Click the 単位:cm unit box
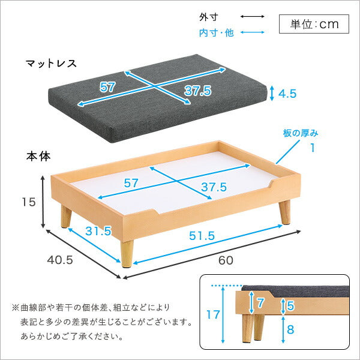(314, 24)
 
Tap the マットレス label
(51, 63)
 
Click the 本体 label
(38, 157)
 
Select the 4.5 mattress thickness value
(287, 94)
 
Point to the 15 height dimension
(29, 202)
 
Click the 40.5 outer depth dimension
(60, 260)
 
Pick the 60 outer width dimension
(226, 260)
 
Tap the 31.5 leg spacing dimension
(98, 231)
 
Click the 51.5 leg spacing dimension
(202, 236)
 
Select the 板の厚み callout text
(301, 133)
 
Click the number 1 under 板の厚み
(313, 148)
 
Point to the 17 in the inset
(213, 314)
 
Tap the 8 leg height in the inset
(290, 329)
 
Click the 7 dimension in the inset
(260, 303)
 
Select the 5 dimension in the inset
(290, 305)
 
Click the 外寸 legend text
(208, 17)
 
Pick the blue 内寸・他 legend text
(216, 33)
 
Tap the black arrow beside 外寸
(253, 17)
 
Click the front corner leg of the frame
(127, 254)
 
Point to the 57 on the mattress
(107, 87)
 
